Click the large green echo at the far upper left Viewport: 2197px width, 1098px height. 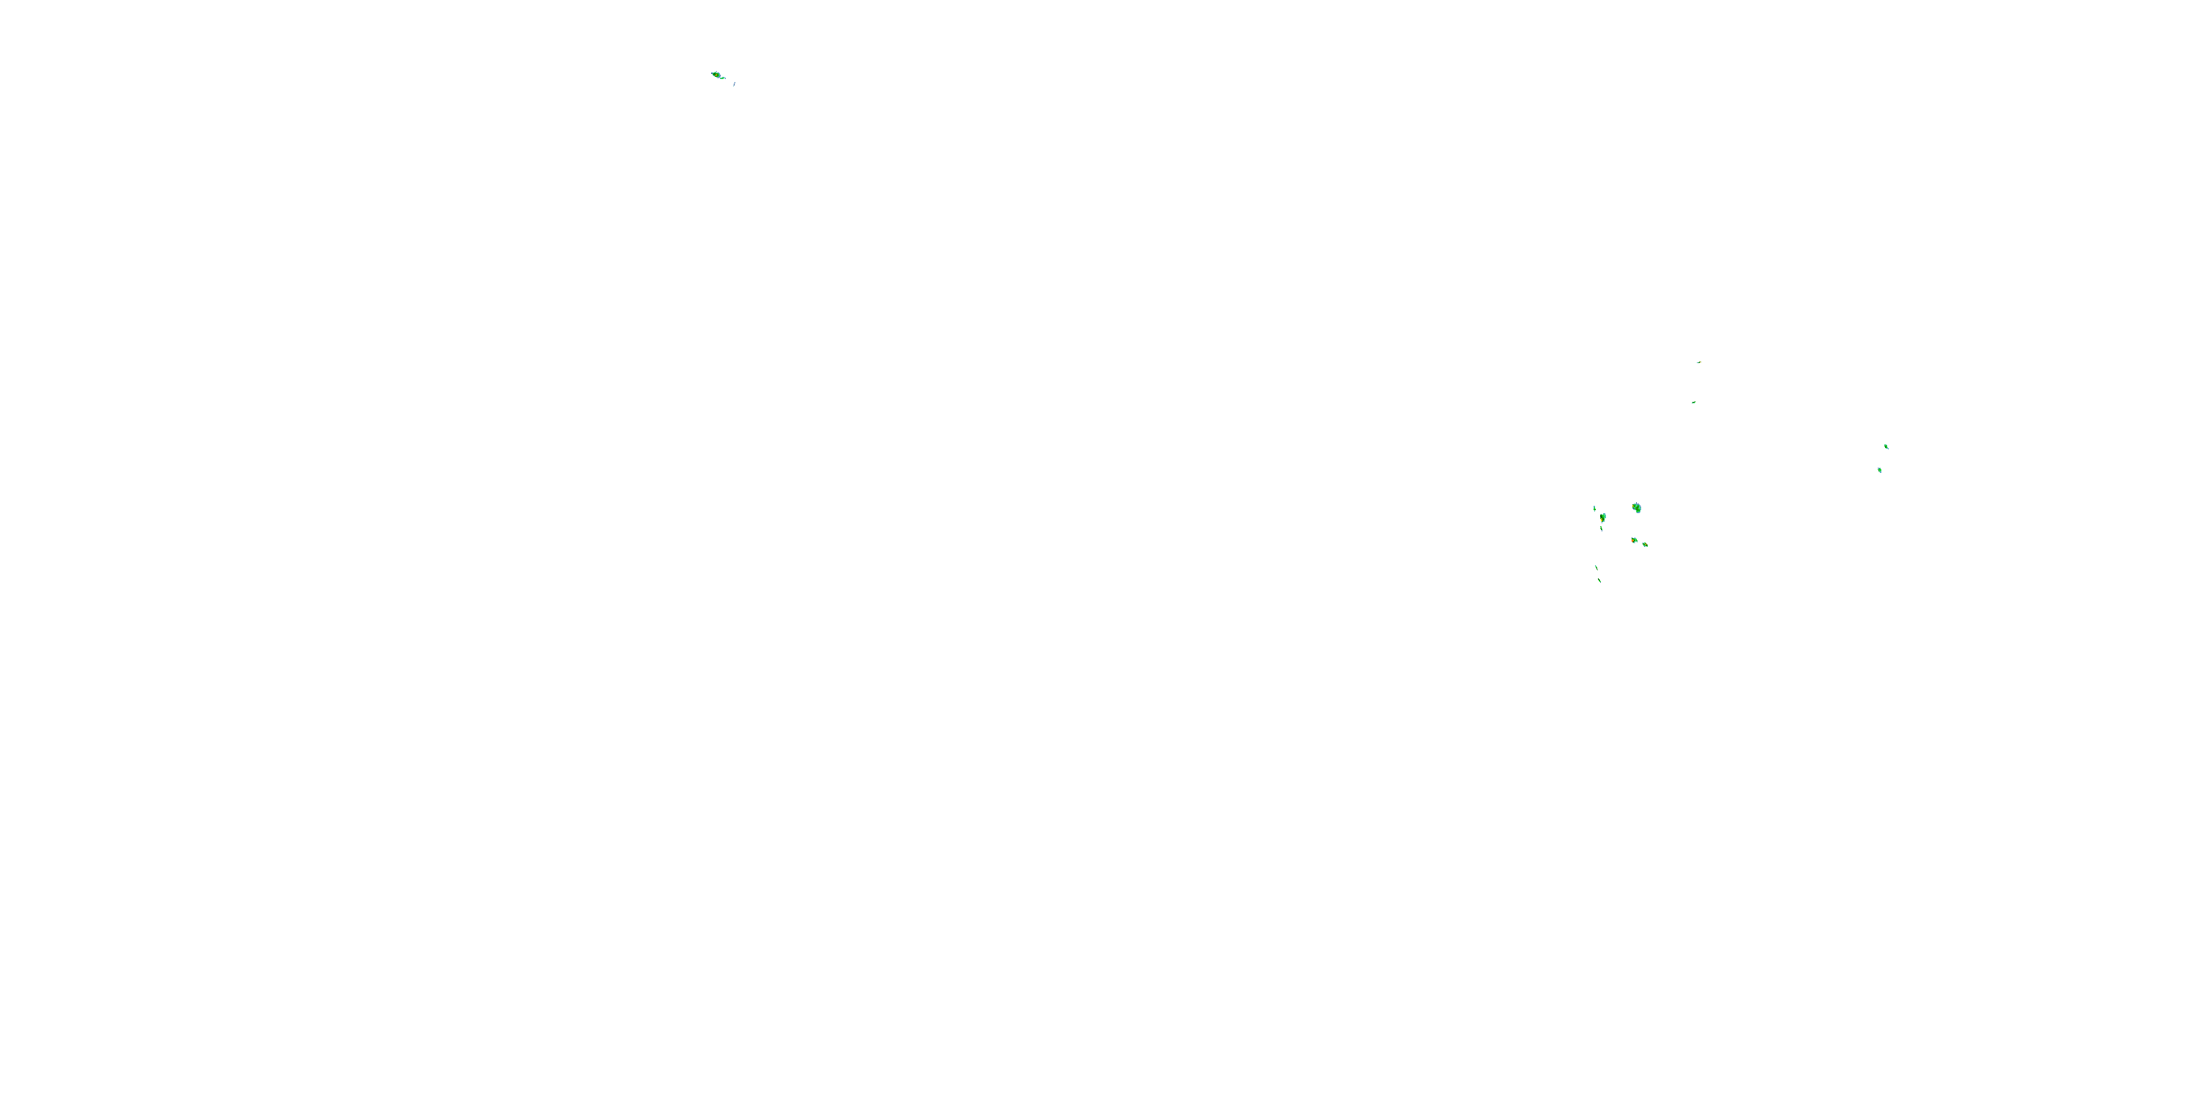715,75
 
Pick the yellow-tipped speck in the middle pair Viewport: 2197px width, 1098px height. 1699,362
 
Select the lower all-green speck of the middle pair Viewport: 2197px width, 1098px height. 1693,403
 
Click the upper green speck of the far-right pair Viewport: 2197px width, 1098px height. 1886,446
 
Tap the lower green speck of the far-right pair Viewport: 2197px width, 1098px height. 1880,470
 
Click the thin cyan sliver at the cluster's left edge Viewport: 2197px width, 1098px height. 1594,509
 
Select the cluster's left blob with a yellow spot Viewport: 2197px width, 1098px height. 1603,517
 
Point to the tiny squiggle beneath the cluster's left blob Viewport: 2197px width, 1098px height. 1602,529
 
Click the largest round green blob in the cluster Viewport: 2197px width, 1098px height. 1637,508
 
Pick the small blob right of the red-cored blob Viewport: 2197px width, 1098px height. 1646,544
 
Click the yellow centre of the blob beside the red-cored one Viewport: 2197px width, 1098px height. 1646,544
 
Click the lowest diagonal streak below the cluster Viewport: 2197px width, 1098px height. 1599,580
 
